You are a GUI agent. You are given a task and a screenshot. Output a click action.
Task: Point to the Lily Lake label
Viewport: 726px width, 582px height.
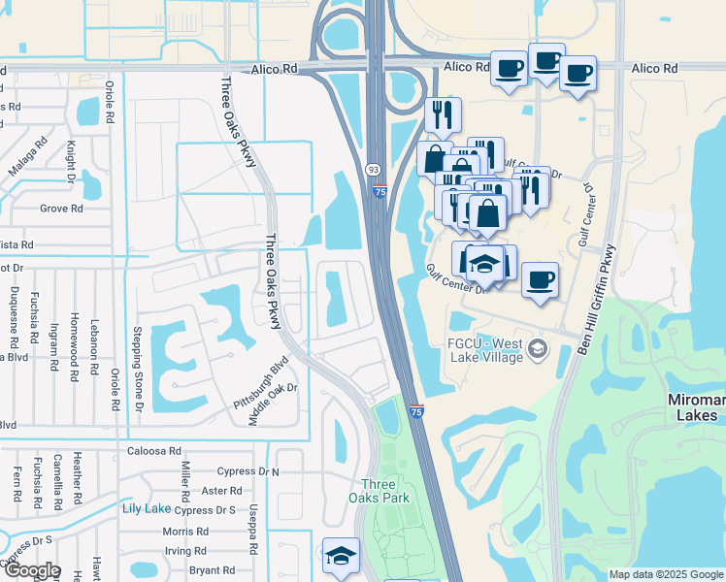click(x=147, y=508)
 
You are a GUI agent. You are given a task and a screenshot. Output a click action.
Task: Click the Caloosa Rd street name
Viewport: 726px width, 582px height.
click(x=154, y=451)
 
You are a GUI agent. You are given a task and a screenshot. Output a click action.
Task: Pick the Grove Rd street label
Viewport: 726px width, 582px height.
click(x=61, y=208)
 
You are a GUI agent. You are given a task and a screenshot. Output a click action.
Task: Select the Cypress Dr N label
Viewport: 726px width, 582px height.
click(x=247, y=471)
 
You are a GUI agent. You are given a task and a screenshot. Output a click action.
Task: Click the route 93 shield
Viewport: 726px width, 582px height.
click(x=374, y=169)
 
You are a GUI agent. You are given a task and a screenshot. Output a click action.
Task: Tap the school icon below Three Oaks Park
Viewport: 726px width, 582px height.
click(x=341, y=556)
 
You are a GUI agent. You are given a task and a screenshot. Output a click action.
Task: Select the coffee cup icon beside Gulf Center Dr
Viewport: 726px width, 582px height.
click(x=540, y=280)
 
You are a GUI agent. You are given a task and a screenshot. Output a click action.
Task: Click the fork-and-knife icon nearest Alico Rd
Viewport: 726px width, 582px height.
click(x=443, y=113)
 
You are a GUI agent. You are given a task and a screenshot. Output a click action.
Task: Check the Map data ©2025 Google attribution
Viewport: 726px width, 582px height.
click(x=666, y=574)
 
